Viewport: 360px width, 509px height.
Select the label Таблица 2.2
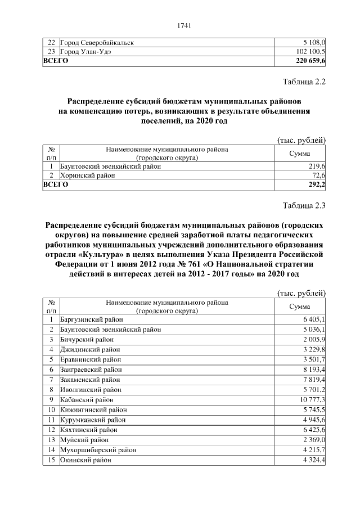click(304, 82)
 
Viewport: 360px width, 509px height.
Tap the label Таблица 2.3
click(304, 204)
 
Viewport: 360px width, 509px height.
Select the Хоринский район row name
click(87, 175)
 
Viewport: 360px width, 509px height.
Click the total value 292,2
click(317, 184)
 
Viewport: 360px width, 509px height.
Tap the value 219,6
click(317, 166)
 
